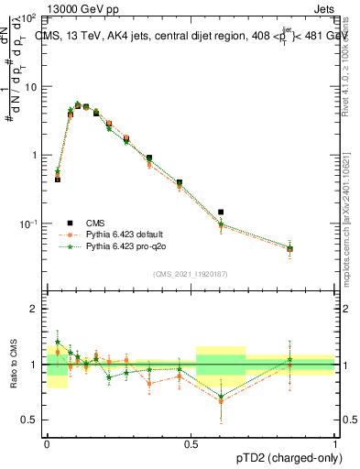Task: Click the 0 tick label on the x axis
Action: click(x=47, y=442)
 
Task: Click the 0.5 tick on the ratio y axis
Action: click(x=29, y=420)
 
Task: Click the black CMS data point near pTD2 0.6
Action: click(x=221, y=212)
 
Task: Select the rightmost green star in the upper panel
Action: click(x=289, y=247)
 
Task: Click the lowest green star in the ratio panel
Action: click(x=221, y=397)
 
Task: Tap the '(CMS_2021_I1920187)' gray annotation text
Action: click(x=190, y=273)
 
